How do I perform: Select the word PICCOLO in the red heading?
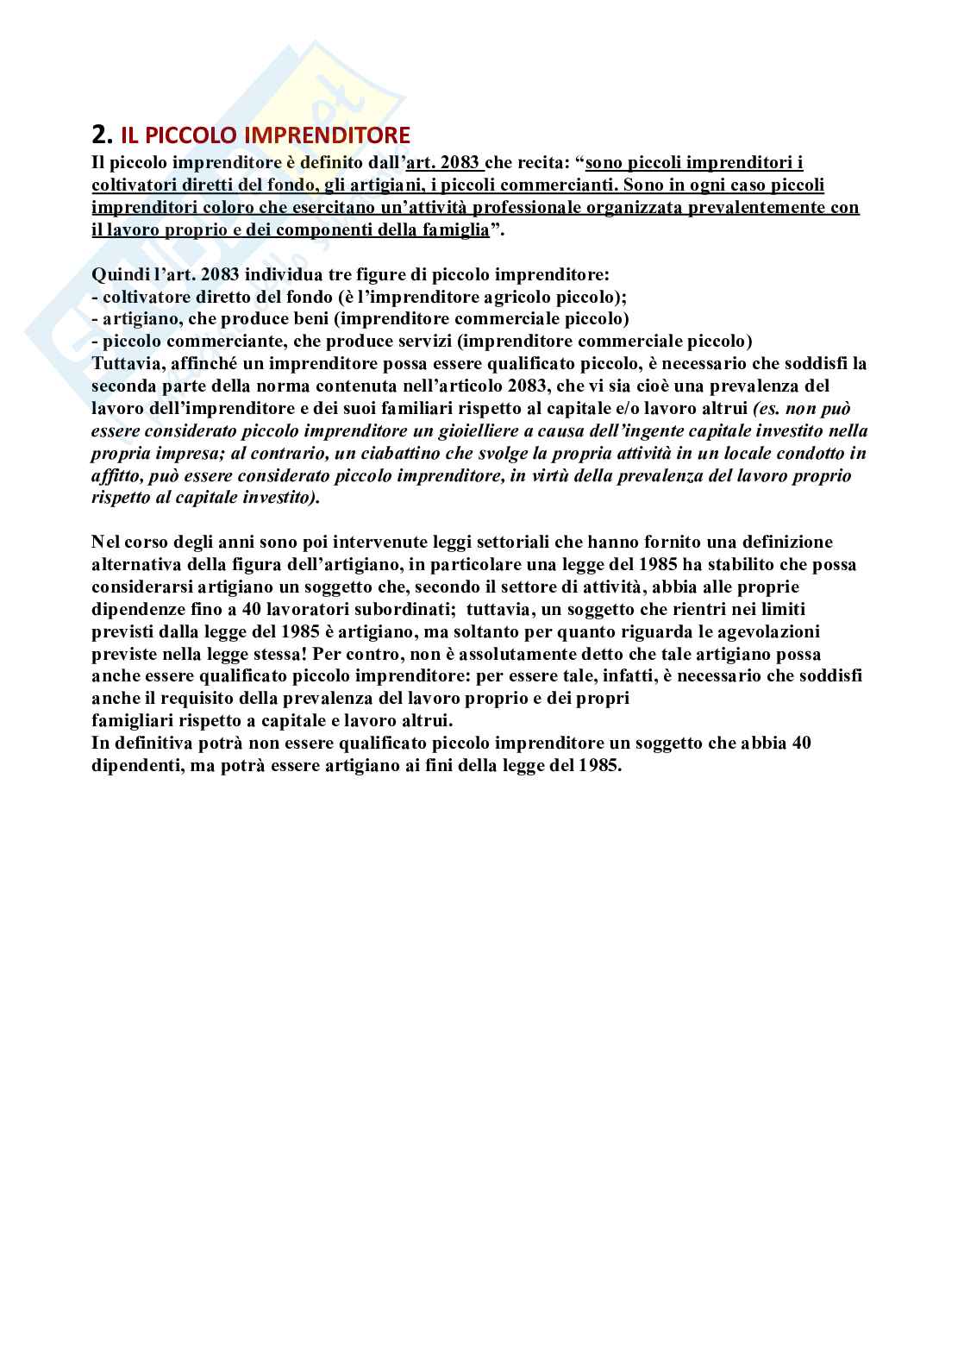pyautogui.click(x=182, y=135)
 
